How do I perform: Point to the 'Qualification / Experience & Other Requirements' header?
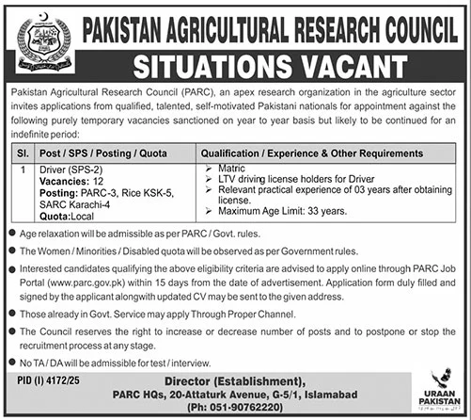(315, 151)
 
